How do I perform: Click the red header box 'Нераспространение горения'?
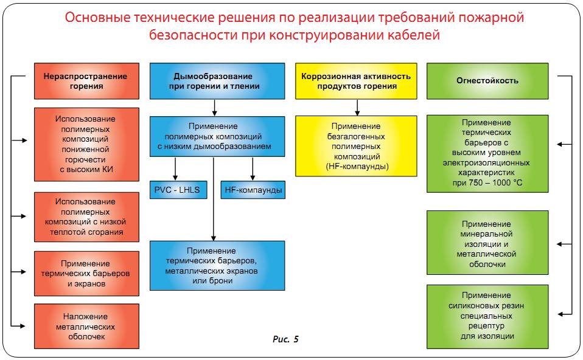pyautogui.click(x=86, y=81)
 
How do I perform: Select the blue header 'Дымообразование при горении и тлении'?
pyautogui.click(x=217, y=81)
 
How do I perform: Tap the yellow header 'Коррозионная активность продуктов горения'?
pyautogui.click(x=356, y=81)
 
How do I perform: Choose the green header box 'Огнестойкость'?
pyautogui.click(x=487, y=81)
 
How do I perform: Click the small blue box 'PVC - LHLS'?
pyautogui.click(x=178, y=190)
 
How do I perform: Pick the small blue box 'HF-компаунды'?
pyautogui.click(x=253, y=190)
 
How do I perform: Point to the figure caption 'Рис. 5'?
pyautogui.click(x=285, y=339)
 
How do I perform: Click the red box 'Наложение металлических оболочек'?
pyautogui.click(x=86, y=326)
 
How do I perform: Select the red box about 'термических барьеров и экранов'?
pyautogui.click(x=86, y=274)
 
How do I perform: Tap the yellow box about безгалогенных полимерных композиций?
pyautogui.click(x=356, y=146)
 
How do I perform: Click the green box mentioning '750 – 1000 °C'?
pyautogui.click(x=487, y=153)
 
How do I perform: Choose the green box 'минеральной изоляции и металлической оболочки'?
pyautogui.click(x=487, y=243)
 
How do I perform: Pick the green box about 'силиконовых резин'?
pyautogui.click(x=487, y=317)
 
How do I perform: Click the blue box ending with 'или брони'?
pyautogui.click(x=217, y=266)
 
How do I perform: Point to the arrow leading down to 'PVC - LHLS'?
pyautogui.click(x=175, y=169)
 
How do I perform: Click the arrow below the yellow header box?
pyautogui.click(x=357, y=108)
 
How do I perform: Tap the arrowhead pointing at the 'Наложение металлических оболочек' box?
pyautogui.click(x=23, y=326)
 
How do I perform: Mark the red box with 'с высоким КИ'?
pyautogui.click(x=86, y=145)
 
